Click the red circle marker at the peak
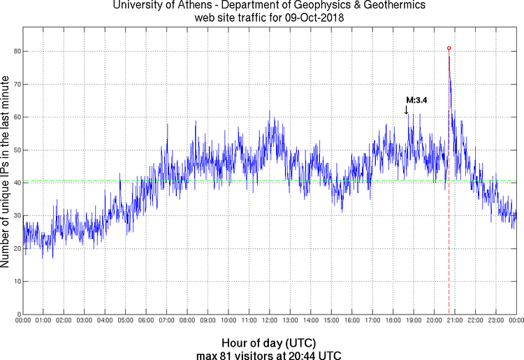449,48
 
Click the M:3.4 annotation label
416,100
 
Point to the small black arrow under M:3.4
407,109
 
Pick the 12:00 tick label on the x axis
269,320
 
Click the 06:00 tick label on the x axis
145,320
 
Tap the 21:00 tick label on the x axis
454,320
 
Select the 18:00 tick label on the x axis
393,320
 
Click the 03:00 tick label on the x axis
84,320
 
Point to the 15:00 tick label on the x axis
330,320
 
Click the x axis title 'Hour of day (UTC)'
269,343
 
